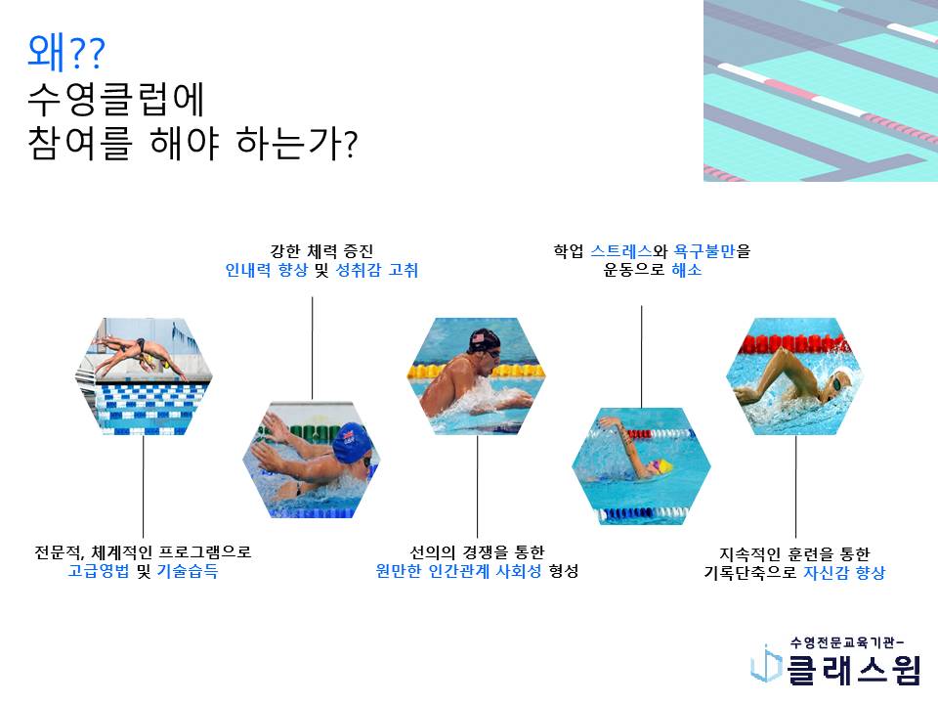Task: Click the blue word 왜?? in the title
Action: pyautogui.click(x=65, y=53)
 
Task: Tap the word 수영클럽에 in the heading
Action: pyautogui.click(x=116, y=99)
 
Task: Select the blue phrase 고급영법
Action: pyautogui.click(x=99, y=571)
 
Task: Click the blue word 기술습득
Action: pyautogui.click(x=188, y=571)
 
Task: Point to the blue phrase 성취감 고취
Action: pyautogui.click(x=377, y=270)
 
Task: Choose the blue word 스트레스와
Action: pyautogui.click(x=628, y=251)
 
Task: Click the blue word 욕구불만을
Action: pyautogui.click(x=712, y=251)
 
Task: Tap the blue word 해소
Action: pyautogui.click(x=687, y=270)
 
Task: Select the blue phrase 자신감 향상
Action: pyautogui.click(x=843, y=573)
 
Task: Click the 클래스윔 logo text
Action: pyautogui.click(x=854, y=669)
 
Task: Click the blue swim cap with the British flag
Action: pyautogui.click(x=354, y=443)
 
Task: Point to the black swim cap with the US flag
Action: pyautogui.click(x=484, y=340)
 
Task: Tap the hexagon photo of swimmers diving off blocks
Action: pyautogui.click(x=144, y=375)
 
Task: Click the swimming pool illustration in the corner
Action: pyautogui.click(x=821, y=90)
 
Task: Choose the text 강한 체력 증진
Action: pyautogui.click(x=321, y=251)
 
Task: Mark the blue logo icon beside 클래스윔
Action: pyautogui.click(x=766, y=663)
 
